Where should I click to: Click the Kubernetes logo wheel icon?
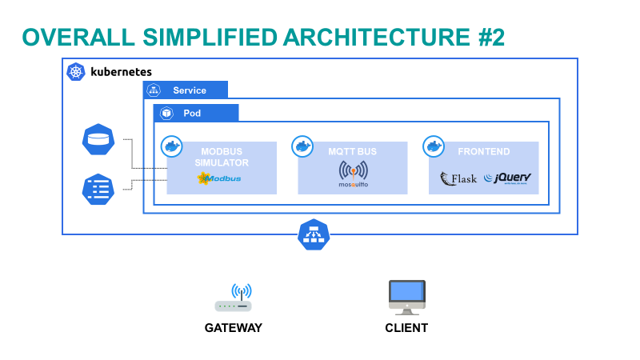tap(77, 72)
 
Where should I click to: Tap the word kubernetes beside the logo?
tap(121, 72)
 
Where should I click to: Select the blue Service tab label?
tap(190, 90)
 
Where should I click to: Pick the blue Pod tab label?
tap(192, 114)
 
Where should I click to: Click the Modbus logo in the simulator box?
tap(219, 178)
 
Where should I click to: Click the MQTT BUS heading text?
tap(352, 151)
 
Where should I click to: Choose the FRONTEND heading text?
tap(483, 151)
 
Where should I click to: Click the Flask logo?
tap(459, 178)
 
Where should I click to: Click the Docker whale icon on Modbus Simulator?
tap(171, 146)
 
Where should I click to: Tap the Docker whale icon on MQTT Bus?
tap(302, 146)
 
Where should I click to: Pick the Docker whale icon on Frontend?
tap(433, 146)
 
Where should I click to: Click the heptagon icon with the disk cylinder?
tap(98, 140)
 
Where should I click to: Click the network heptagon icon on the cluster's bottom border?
tap(314, 234)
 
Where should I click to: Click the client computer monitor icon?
tap(406, 296)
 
